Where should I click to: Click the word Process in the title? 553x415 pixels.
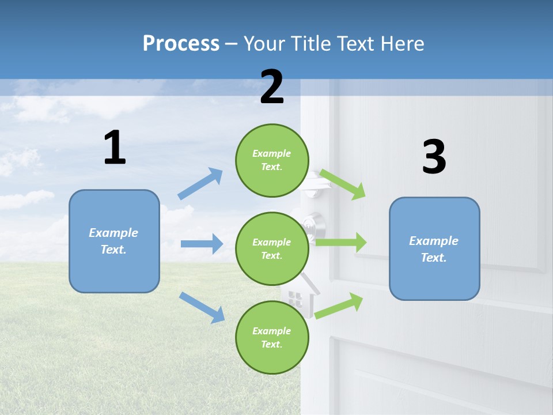(x=181, y=44)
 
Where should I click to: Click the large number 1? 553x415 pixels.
(x=115, y=148)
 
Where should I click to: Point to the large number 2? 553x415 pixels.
(x=272, y=87)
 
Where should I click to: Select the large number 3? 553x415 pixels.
(x=434, y=157)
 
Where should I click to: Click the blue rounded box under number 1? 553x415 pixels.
(x=114, y=241)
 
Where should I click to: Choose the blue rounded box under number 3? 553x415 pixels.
(x=434, y=249)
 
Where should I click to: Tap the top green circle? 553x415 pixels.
(x=272, y=160)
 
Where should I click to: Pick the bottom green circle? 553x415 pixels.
(x=272, y=338)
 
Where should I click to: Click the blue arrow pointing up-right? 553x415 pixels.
(x=200, y=183)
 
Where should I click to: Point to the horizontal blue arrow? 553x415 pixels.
(x=202, y=244)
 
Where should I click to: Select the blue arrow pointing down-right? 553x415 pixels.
(x=202, y=307)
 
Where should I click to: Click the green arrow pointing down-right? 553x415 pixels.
(x=343, y=184)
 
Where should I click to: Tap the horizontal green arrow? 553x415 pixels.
(x=340, y=242)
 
